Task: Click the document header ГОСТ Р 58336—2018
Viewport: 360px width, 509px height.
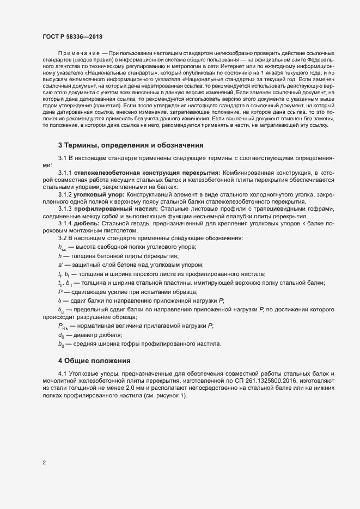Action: pos(72,36)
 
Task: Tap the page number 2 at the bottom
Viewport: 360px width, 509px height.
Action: pos(44,464)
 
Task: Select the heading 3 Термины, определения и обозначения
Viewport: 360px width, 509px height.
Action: pos(131,145)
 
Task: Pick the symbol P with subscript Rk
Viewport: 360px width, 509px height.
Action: pos(63,325)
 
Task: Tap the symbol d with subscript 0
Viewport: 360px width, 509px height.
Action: pos(61,335)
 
